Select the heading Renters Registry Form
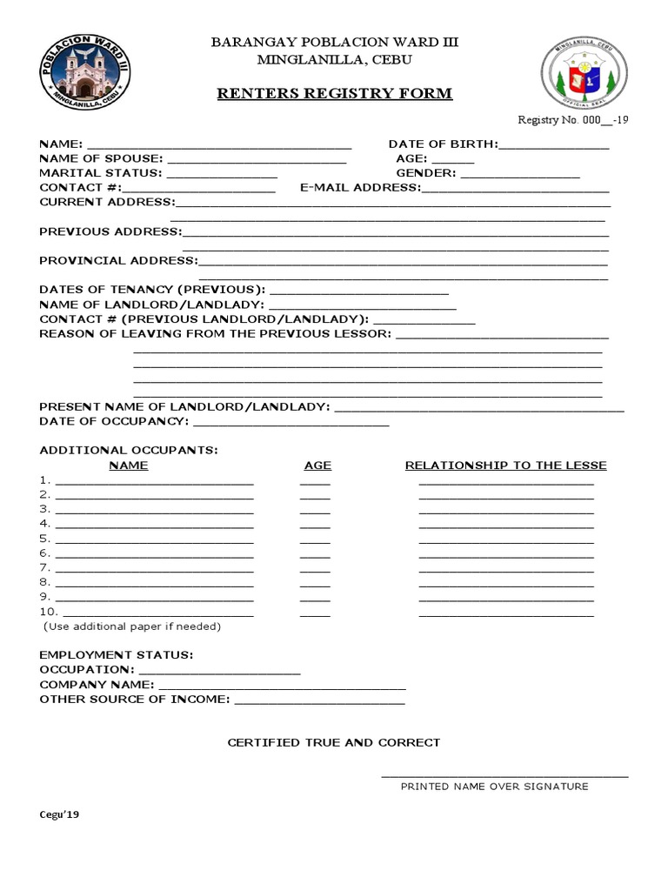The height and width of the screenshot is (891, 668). (x=335, y=93)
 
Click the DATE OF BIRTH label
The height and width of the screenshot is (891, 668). (x=443, y=144)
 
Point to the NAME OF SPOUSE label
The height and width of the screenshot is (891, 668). (x=101, y=158)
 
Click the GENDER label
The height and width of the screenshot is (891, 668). (x=425, y=173)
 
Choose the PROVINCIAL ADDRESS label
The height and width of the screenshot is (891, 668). (x=119, y=260)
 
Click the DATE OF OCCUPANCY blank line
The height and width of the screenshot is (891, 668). (x=291, y=423)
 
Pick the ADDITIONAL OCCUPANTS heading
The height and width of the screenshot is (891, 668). (x=129, y=450)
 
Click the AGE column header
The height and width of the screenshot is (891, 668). (x=317, y=466)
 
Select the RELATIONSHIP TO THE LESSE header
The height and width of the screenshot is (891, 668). (x=505, y=466)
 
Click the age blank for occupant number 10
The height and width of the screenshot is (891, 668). (x=315, y=613)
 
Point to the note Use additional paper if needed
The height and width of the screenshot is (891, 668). (x=132, y=626)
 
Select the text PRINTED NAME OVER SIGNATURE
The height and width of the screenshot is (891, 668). (x=494, y=787)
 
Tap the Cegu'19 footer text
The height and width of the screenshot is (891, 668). (x=59, y=815)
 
